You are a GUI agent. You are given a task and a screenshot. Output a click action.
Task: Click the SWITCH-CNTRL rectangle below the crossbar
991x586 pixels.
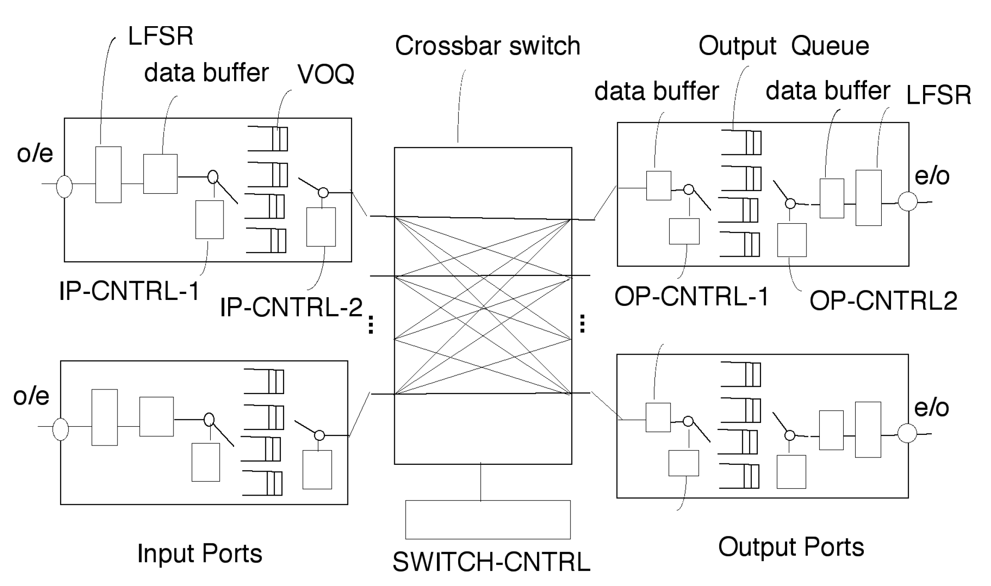coord(487,519)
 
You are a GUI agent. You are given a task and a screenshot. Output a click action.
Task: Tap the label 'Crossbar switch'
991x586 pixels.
coord(487,46)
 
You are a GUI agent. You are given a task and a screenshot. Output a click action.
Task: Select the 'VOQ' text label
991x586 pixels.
coord(325,74)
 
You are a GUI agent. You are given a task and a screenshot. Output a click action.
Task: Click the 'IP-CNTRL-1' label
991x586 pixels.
coord(129,291)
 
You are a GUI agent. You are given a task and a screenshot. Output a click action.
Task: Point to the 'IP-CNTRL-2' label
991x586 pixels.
coord(291,307)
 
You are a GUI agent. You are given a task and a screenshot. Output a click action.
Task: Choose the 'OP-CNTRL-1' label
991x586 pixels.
coord(691,297)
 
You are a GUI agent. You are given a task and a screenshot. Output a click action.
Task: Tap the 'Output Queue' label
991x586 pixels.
coord(784,46)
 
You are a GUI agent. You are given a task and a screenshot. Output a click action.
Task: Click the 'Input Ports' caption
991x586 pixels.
coord(200,553)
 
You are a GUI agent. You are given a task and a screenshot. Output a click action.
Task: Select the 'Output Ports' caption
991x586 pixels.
coord(791,547)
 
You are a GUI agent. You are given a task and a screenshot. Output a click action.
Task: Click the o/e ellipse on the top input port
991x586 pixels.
coord(64,186)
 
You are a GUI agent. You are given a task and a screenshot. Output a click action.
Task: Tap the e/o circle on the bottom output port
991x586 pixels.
coord(907,433)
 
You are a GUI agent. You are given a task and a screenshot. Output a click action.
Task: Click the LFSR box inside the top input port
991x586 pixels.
coord(108,175)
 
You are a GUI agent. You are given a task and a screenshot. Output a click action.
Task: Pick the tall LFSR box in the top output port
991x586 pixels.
coord(868,197)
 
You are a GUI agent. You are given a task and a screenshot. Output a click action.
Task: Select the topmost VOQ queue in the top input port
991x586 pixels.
coord(269,138)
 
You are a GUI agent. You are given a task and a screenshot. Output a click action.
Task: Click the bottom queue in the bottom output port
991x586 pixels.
coord(739,476)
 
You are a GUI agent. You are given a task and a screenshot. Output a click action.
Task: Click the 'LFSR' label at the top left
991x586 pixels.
coord(161,36)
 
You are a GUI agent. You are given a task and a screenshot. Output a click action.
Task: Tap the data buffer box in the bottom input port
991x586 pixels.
coord(157,416)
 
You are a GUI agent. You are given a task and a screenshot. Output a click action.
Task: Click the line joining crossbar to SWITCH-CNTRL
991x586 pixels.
coord(481,482)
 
